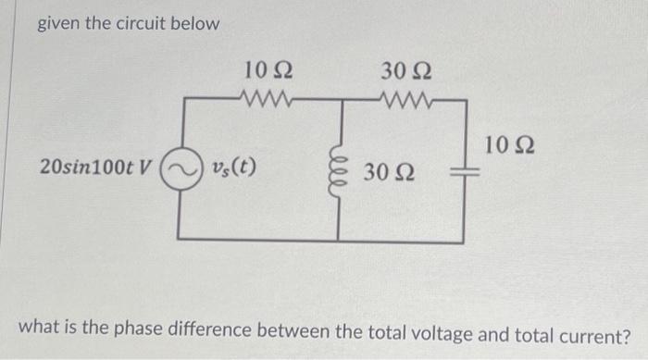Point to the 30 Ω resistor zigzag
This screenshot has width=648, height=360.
[408, 96]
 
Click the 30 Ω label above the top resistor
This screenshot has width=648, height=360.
[405, 69]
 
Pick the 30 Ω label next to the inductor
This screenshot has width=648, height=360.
[388, 172]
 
